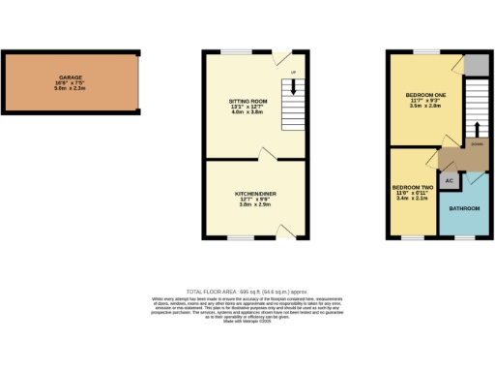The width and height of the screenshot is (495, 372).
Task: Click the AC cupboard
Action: tap(449, 180)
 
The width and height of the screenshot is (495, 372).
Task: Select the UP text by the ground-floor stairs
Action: tap(293, 71)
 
